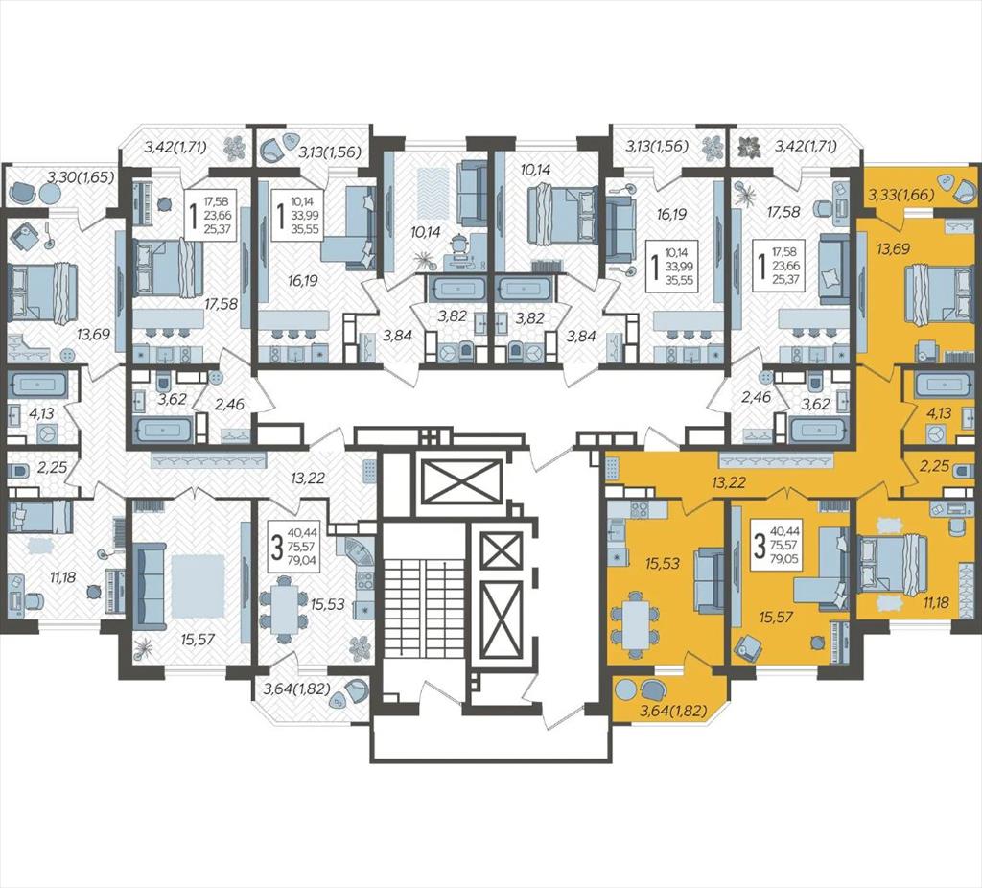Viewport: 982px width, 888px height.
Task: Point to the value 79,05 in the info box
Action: coord(786,559)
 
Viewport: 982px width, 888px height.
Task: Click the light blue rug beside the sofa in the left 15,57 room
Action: coord(197,588)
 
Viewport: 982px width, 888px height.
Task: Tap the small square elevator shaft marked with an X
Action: coord(500,550)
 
